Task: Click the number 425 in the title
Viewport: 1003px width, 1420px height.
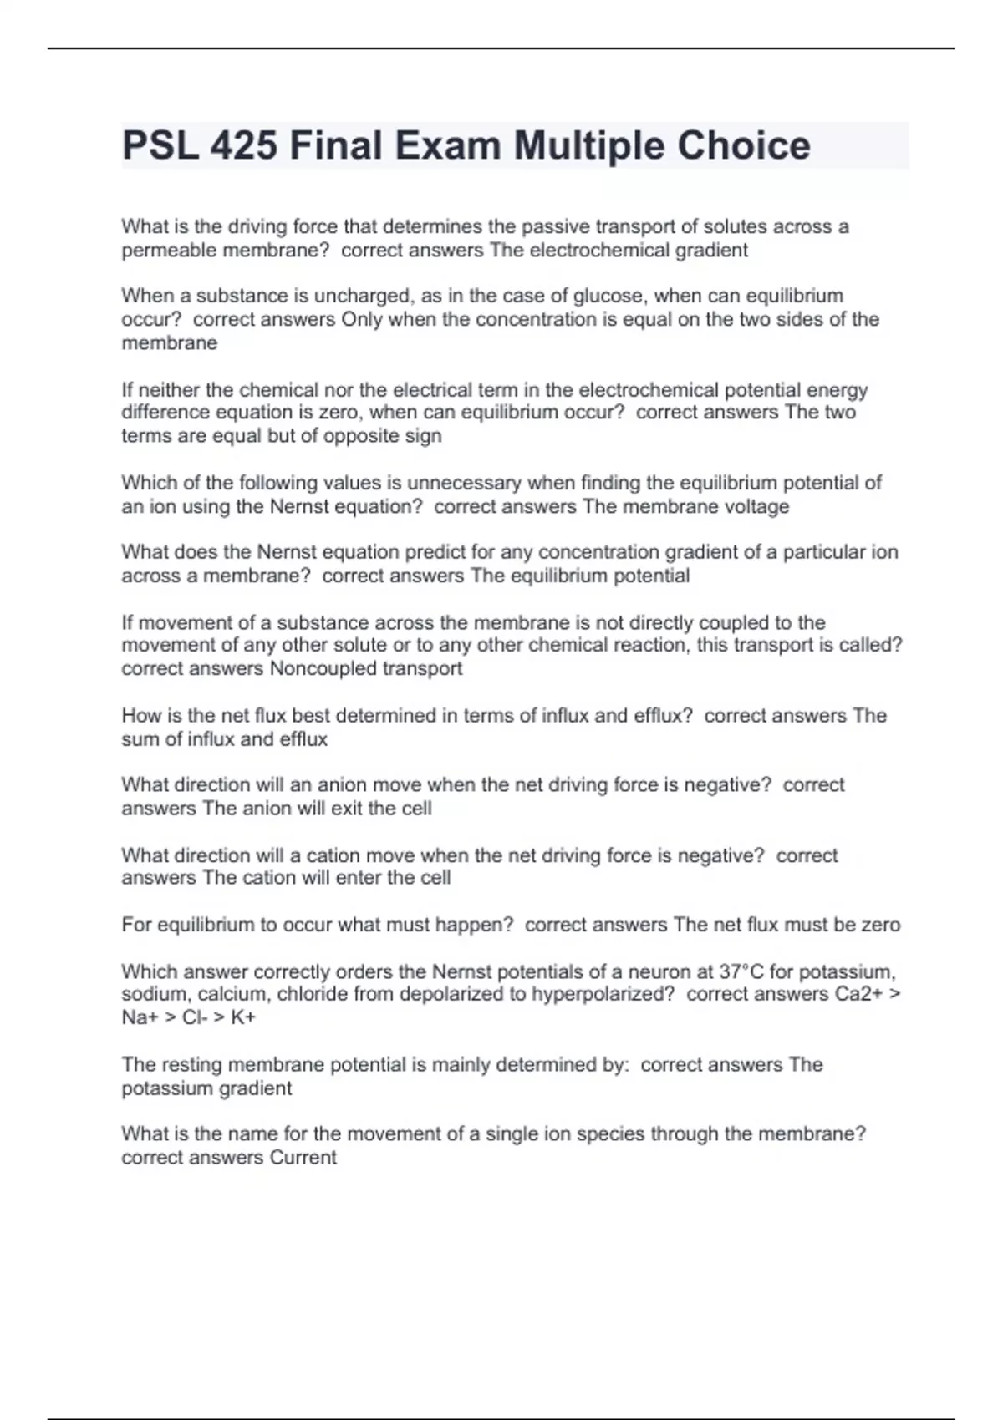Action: pos(243,146)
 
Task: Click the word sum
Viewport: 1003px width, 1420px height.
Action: pos(136,739)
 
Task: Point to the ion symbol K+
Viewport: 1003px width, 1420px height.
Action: pos(243,1017)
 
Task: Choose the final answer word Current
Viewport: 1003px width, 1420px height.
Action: pos(303,1158)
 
